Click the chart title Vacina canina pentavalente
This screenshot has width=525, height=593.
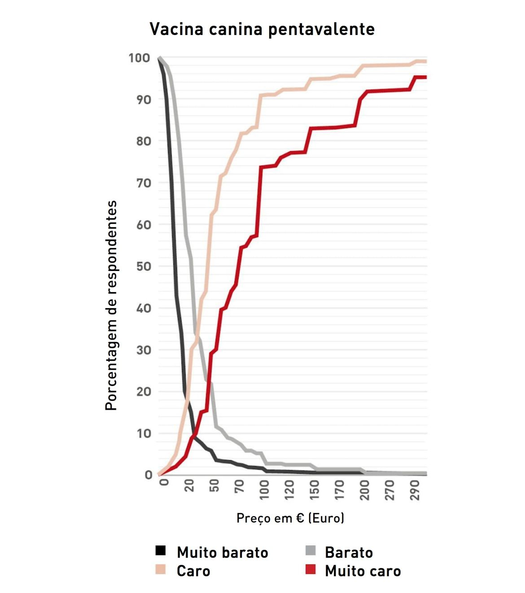click(x=262, y=29)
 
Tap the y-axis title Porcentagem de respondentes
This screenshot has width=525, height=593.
click(x=111, y=305)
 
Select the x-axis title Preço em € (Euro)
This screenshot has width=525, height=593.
click(x=290, y=518)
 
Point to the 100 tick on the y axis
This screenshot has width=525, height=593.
click(x=139, y=58)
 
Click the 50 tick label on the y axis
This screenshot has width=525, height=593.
click(x=144, y=266)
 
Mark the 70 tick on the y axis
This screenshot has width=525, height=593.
click(x=144, y=183)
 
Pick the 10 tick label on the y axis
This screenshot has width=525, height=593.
click(x=144, y=433)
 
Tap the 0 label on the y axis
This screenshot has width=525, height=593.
click(x=149, y=475)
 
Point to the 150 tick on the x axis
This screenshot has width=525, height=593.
click(x=315, y=489)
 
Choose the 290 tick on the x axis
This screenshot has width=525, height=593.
click(x=415, y=489)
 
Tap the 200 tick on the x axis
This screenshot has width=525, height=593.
click(x=364, y=489)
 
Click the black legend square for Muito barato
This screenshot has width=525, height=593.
click(x=160, y=551)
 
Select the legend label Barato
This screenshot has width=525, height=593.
click(x=349, y=552)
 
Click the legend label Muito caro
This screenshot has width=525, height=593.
click(x=363, y=571)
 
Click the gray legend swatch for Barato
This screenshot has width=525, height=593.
click(x=310, y=551)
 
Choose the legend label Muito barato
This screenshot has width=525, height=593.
click(x=222, y=552)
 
